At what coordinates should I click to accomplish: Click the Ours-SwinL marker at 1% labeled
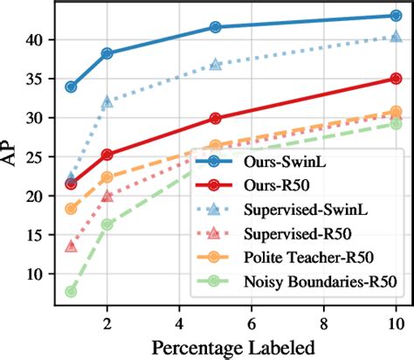coord(71,87)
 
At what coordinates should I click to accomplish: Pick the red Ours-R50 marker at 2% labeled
coord(107,155)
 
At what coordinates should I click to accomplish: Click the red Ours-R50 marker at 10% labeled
coord(396,79)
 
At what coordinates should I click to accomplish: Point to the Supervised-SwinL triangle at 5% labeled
coord(215,65)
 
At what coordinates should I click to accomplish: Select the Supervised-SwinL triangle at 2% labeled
coord(107,102)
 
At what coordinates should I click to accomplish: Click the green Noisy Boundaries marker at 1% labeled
coord(71,291)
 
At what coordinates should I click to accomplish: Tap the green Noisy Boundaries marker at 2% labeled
coord(107,225)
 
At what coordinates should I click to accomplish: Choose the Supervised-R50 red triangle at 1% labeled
coord(71,246)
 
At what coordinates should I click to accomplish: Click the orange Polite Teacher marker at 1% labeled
coord(71,209)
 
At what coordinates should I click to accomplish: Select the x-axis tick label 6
coord(251,322)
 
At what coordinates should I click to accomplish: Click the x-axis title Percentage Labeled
coord(233,346)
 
